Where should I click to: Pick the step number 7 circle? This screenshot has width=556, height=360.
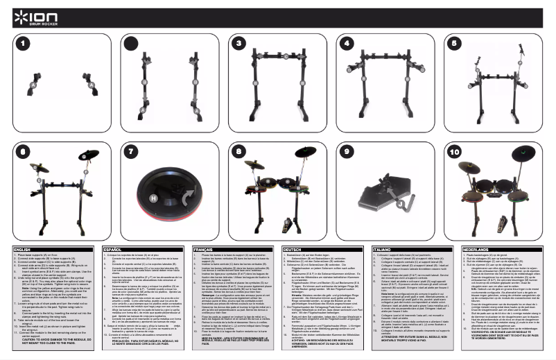(132, 151)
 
